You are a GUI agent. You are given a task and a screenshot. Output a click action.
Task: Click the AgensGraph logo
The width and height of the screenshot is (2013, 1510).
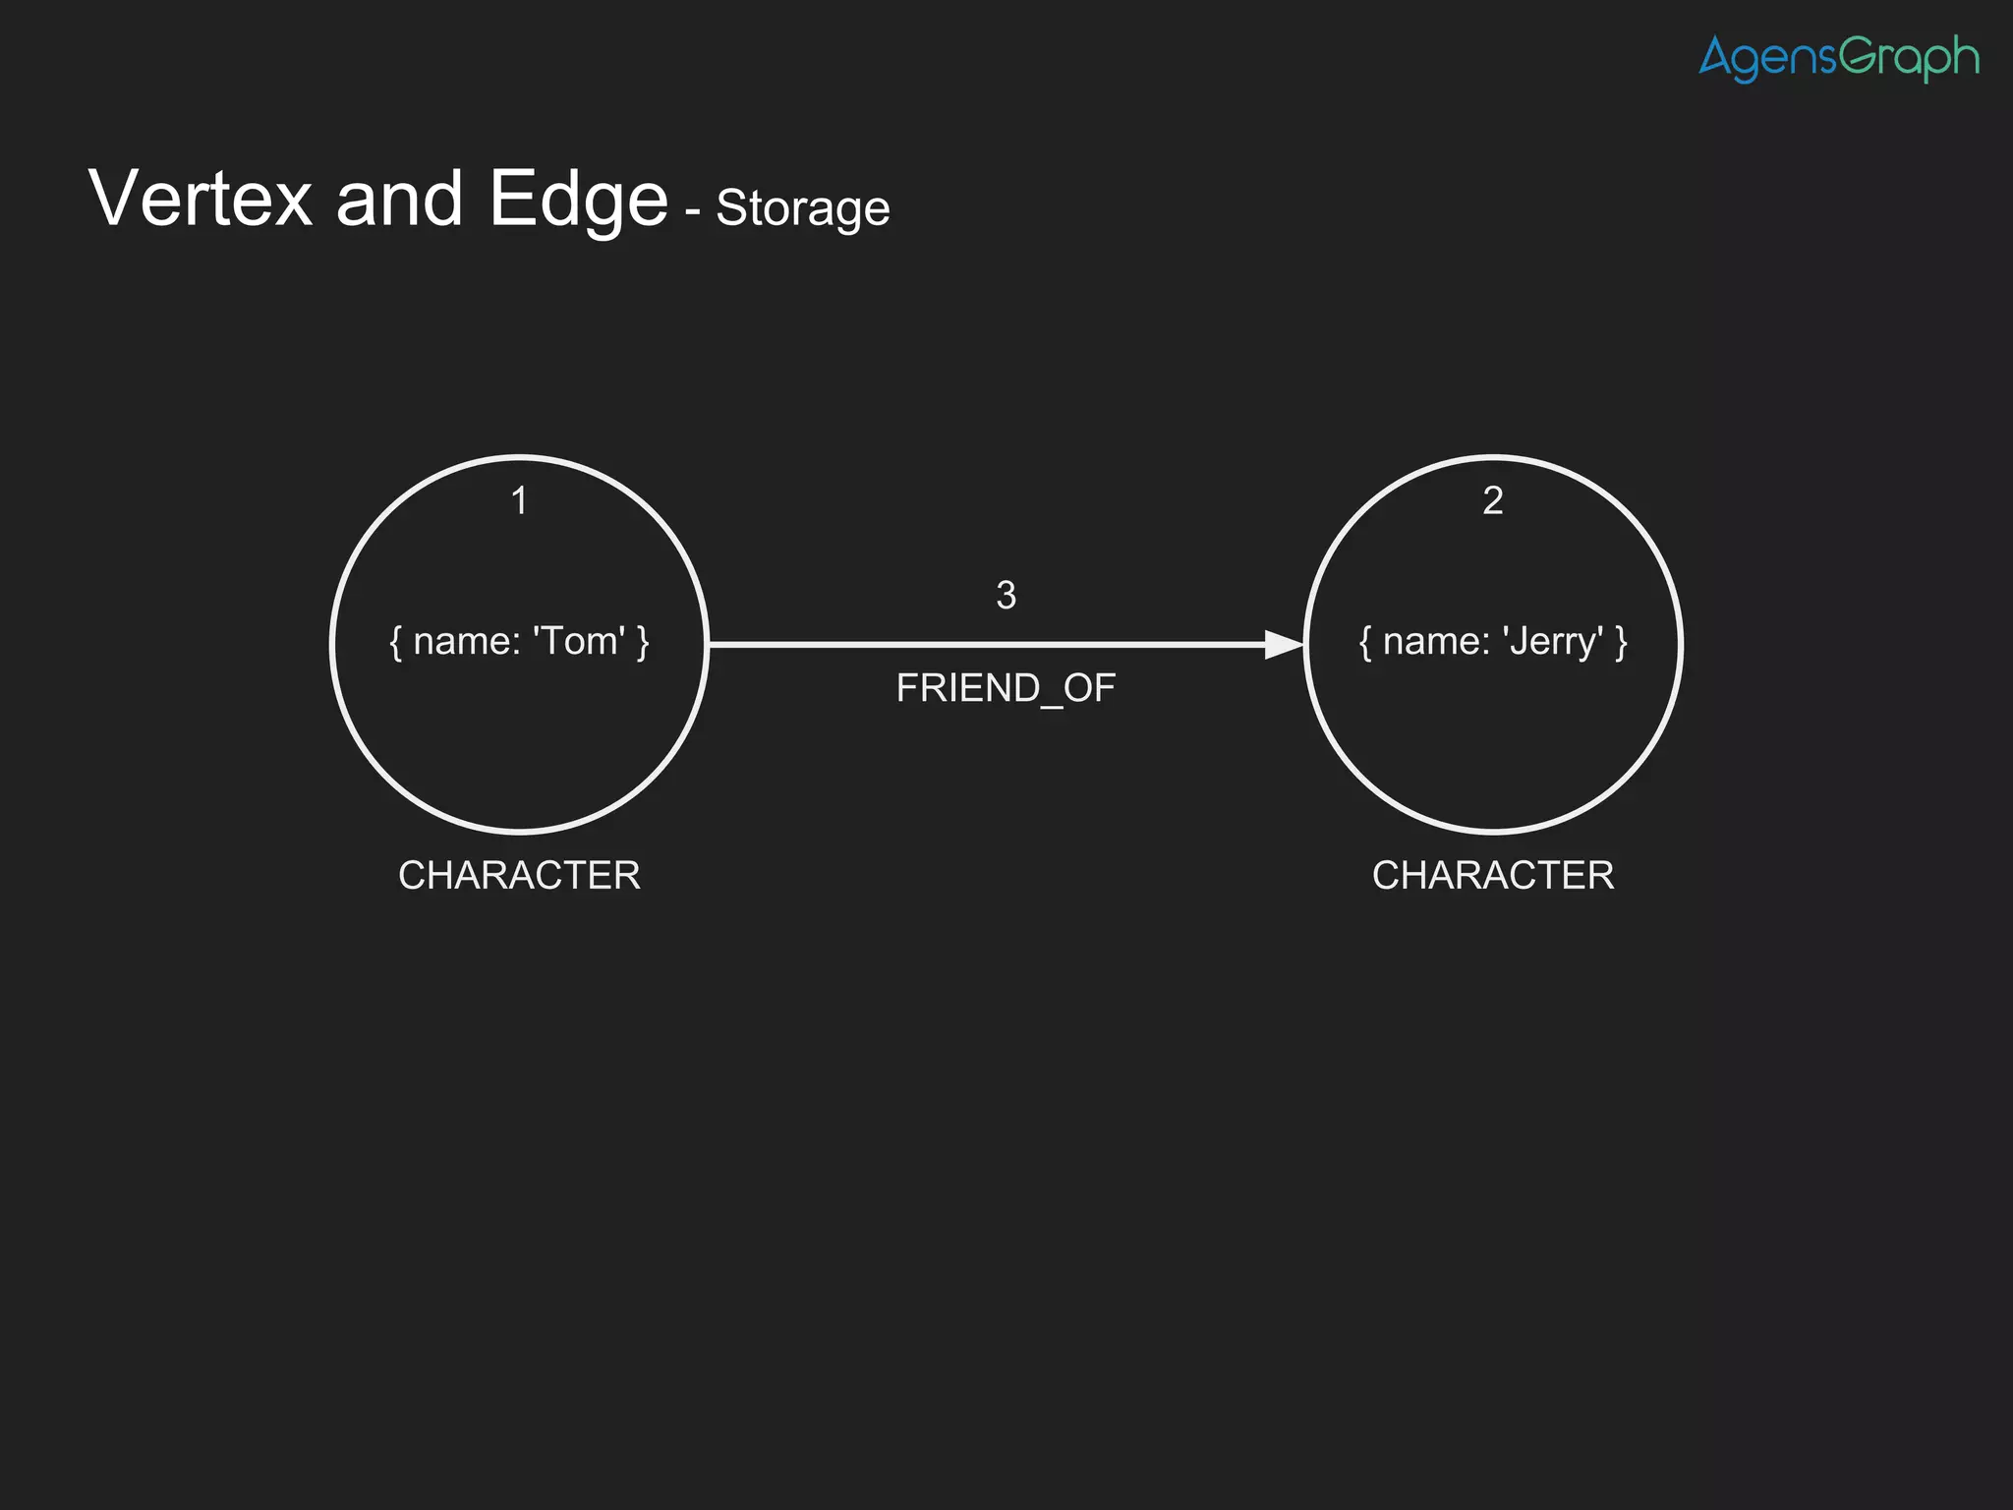pyautogui.click(x=1838, y=58)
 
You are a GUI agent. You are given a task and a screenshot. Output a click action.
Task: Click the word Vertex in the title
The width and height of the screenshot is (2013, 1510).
pyautogui.click(x=201, y=199)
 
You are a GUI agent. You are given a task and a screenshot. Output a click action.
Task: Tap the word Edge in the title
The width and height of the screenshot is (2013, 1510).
pyautogui.click(x=578, y=201)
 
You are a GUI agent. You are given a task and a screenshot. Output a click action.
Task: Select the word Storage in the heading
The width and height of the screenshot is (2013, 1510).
pyautogui.click(x=802, y=208)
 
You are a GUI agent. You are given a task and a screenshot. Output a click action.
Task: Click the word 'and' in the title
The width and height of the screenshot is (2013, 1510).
pyautogui.click(x=399, y=200)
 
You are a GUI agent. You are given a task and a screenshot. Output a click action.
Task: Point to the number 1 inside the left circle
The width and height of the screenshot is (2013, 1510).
pyautogui.click(x=519, y=501)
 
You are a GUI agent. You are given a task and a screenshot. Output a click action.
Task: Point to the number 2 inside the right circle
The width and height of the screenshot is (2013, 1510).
pyautogui.click(x=1492, y=501)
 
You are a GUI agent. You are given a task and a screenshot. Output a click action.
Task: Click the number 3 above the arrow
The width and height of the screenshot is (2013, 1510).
pyautogui.click(x=1006, y=596)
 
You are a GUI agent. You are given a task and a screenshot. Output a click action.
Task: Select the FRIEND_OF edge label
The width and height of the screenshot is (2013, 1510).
pyautogui.click(x=1006, y=688)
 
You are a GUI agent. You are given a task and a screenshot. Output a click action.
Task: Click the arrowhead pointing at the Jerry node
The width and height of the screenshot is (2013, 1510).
pyautogui.click(x=1283, y=645)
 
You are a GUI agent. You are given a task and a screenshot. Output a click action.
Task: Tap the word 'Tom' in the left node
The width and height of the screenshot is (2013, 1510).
pyautogui.click(x=578, y=641)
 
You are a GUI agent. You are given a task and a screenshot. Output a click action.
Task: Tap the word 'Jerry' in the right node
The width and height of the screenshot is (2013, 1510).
pyautogui.click(x=1553, y=642)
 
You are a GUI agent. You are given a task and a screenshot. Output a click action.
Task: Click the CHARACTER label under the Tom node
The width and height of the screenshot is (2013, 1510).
pyautogui.click(x=519, y=875)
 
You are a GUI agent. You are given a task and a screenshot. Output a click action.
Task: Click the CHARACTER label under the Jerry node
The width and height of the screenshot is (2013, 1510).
pyautogui.click(x=1492, y=875)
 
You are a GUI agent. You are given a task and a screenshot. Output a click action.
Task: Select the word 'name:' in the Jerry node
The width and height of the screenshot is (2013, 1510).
pyautogui.click(x=1436, y=642)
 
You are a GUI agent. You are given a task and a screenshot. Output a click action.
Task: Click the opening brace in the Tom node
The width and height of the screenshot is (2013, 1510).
pyautogui.click(x=395, y=643)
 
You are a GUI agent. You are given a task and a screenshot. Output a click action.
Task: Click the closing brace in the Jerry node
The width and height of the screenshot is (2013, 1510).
pyautogui.click(x=1621, y=643)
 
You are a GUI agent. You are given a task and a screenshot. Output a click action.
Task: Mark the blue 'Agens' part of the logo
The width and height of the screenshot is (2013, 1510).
pyautogui.click(x=1767, y=58)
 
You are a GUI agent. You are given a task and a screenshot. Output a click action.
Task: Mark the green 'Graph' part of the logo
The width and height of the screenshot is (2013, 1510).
pyautogui.click(x=1909, y=58)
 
